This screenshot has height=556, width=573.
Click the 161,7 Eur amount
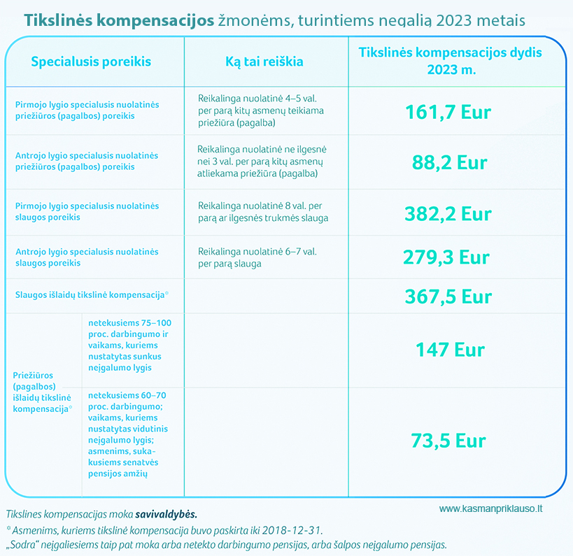coord(448,113)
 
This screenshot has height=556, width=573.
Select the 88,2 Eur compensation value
coord(450,163)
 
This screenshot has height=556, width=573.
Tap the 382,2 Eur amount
coord(448,213)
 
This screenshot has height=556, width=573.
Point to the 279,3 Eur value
coord(446,257)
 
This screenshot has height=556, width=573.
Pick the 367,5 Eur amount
coord(448,297)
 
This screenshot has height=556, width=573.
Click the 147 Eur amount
coord(450,349)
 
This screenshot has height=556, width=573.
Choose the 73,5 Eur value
coord(448,441)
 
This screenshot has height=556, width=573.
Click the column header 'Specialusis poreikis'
coord(92,62)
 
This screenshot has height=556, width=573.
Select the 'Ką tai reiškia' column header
coord(264,62)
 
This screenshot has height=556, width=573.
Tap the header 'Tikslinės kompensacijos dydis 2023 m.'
coord(450,61)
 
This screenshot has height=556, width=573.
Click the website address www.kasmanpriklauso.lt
coord(491,509)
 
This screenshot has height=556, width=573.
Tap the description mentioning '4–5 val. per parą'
coord(260,111)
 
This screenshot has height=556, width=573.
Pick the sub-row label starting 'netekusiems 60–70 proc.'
coord(128,434)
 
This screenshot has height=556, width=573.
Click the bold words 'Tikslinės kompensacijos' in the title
coord(119,20)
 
